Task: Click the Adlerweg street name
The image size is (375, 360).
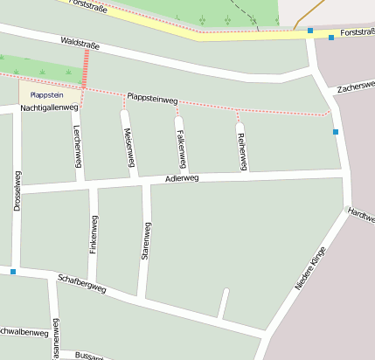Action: (182, 178)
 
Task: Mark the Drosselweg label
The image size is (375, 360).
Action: (17, 190)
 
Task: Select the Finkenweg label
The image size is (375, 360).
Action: (94, 233)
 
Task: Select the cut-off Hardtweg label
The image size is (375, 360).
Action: (361, 212)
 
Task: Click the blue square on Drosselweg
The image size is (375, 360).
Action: (13, 272)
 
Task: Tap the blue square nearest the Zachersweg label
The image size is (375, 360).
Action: (335, 132)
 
